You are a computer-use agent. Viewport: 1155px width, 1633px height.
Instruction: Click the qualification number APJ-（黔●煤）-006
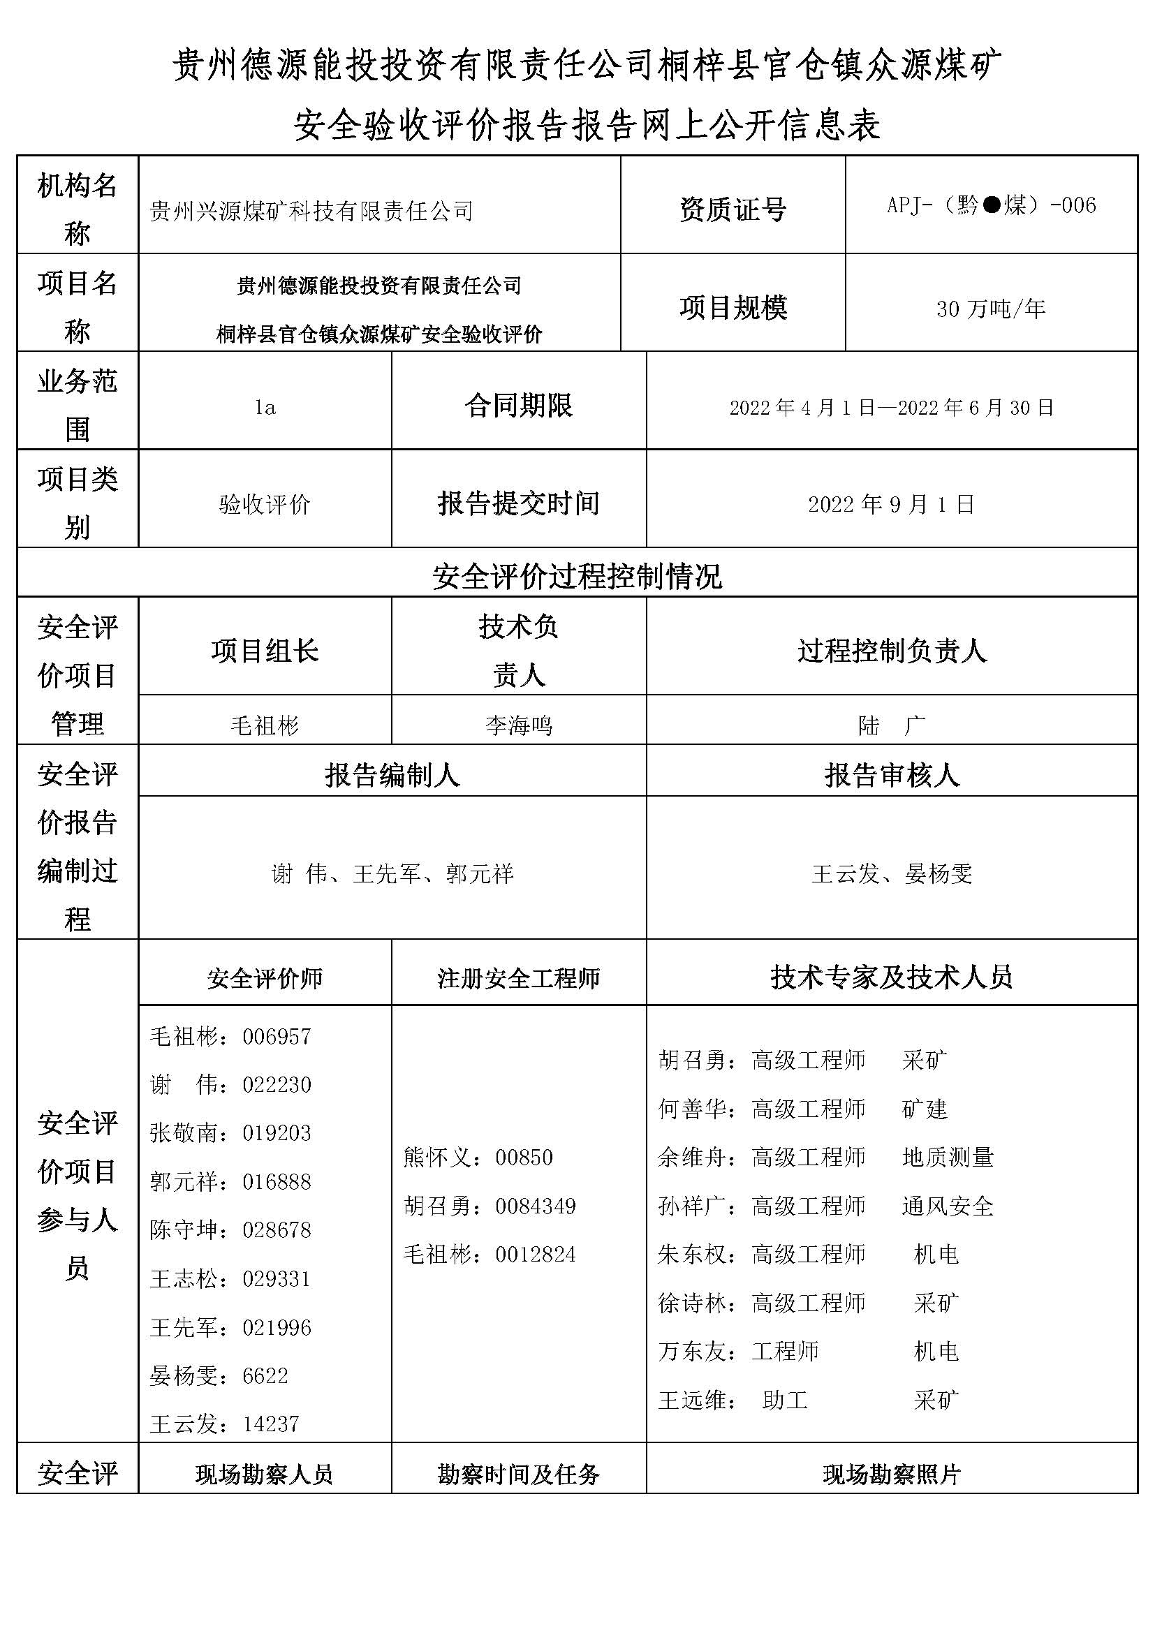tap(991, 205)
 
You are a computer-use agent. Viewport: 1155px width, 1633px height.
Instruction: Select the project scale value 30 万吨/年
tap(991, 309)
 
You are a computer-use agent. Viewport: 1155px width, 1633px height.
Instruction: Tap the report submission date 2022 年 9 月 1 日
tap(891, 504)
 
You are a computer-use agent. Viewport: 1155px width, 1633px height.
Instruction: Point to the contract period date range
tap(891, 408)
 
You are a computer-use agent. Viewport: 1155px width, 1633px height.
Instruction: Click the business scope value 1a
tap(265, 408)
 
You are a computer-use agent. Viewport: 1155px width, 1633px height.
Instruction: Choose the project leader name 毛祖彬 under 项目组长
tap(265, 725)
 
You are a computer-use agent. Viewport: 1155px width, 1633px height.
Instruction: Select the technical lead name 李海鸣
tap(518, 725)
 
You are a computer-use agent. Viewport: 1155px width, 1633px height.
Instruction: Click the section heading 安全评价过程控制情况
tap(577, 576)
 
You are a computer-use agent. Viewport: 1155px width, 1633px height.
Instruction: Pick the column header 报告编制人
tap(392, 775)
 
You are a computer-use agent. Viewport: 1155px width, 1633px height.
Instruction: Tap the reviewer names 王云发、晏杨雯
tap(891, 873)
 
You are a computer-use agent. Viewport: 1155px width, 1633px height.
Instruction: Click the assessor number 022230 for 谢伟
tap(277, 1085)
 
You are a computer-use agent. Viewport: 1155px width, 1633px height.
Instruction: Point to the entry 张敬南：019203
tap(230, 1133)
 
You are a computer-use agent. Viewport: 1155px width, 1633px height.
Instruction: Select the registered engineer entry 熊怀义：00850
tap(478, 1157)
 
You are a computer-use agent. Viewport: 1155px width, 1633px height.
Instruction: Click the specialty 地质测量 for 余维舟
tap(948, 1157)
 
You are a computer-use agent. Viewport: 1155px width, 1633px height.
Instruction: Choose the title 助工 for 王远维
tap(784, 1401)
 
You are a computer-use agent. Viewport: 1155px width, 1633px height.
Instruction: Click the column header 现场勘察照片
tap(891, 1475)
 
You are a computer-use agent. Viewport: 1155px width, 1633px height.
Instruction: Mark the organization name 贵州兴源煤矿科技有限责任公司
tap(311, 212)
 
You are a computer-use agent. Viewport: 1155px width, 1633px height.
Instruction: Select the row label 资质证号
tap(733, 209)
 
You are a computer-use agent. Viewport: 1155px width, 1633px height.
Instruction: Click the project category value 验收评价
tap(265, 504)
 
